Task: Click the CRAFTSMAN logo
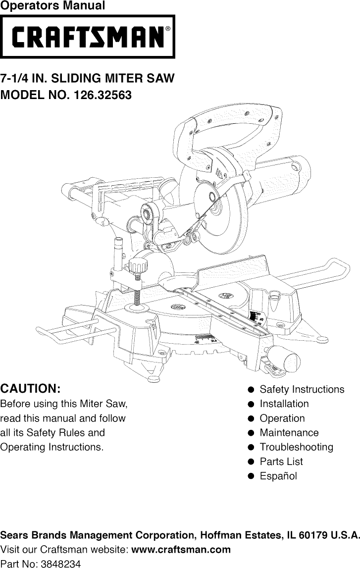pos(88,37)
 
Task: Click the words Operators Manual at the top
pos(52,6)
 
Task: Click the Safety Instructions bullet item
pos(301,389)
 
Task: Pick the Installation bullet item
pos(284,404)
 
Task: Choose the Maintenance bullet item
pos(289,432)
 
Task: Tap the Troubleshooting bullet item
pos(296,447)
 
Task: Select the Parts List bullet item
pos(281,461)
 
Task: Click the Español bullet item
pos(278,476)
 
